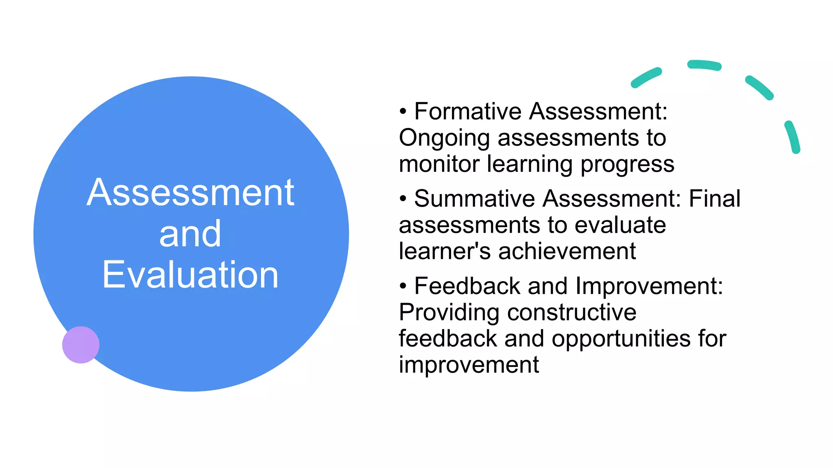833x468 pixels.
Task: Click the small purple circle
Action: point(81,344)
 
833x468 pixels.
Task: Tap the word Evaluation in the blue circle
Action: point(190,275)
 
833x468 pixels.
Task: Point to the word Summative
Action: point(474,199)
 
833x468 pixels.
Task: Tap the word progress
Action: point(627,165)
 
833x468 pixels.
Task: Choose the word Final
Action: point(714,199)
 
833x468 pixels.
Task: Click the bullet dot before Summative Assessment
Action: point(403,199)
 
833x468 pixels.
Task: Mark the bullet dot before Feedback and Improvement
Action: point(403,286)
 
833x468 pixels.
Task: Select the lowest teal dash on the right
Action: point(793,137)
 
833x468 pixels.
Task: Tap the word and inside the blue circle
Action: point(190,234)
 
